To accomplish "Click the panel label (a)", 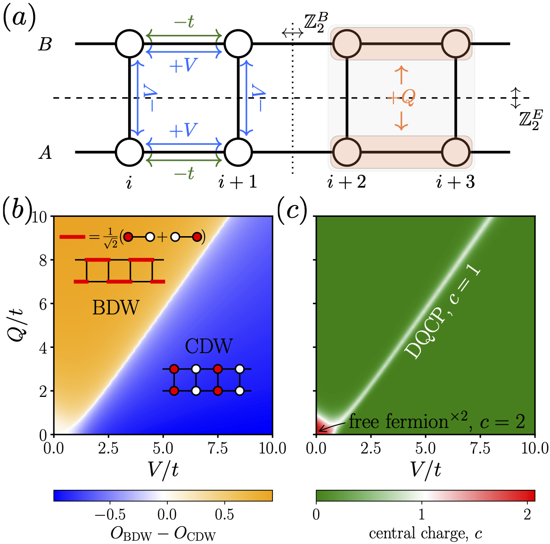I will pyautogui.click(x=19, y=19).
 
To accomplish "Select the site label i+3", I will pyautogui.click(x=455, y=182).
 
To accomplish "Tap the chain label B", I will pyautogui.click(x=45, y=45).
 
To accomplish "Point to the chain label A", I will pyautogui.click(x=45, y=153).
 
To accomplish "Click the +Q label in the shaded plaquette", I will pyautogui.click(x=401, y=98).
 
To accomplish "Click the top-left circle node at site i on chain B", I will pyautogui.click(x=129, y=44).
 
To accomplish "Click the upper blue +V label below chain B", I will pyautogui.click(x=183, y=66).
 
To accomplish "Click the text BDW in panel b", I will pyautogui.click(x=116, y=308).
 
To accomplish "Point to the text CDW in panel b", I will pyautogui.click(x=209, y=346).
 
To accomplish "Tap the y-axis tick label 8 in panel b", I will pyautogui.click(x=43, y=261).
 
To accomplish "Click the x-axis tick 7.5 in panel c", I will pyautogui.click(x=480, y=447).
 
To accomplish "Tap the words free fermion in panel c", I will pyautogui.click(x=398, y=421).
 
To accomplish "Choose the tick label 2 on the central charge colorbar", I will pyautogui.click(x=527, y=514).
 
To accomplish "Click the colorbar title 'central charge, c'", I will pyautogui.click(x=425, y=534).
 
